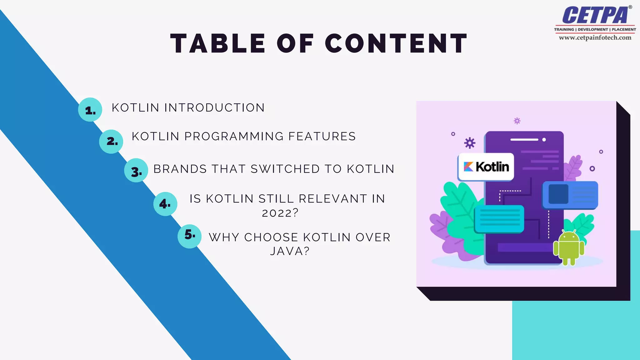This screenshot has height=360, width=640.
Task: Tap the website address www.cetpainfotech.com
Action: pos(595,37)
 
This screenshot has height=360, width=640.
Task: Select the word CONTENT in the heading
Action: pos(396,43)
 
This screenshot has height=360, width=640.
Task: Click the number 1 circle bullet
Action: pos(90,110)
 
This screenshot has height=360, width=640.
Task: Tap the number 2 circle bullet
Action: pos(111,142)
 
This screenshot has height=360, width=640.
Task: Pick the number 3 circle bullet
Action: pos(136,171)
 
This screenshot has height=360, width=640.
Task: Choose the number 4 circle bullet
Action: pos(165,204)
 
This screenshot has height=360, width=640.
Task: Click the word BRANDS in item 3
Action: pos(180,169)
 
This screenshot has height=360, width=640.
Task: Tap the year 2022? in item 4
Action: pos(280,213)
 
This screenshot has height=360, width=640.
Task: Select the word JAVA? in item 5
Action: pos(290,251)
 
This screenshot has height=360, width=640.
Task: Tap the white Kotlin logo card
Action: pos(486,167)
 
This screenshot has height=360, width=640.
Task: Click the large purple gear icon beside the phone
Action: pos(469,143)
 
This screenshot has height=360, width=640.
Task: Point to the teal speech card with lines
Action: pos(499,219)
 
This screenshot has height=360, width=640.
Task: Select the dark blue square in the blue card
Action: pos(558,194)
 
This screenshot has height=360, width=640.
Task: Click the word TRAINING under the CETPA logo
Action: pos(564,29)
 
